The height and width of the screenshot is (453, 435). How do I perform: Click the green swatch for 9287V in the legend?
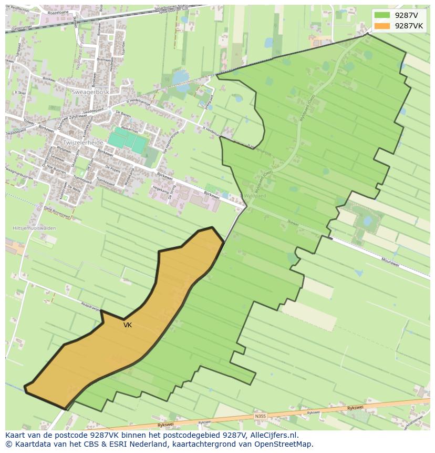[x=382, y=15]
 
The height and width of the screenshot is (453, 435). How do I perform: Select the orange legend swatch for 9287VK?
[x=382, y=26]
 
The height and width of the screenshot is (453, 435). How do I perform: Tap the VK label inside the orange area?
[x=128, y=325]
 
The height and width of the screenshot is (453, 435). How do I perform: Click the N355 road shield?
[x=260, y=417]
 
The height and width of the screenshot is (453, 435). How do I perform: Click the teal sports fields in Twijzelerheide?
[x=127, y=141]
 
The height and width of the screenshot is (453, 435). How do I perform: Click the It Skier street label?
[x=20, y=93]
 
